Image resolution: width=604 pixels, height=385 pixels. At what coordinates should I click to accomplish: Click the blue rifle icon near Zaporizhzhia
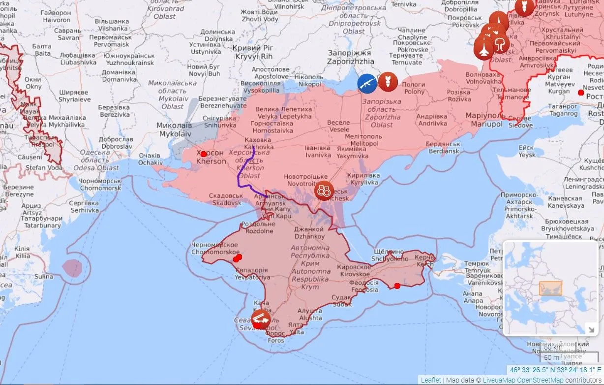tap(367, 84)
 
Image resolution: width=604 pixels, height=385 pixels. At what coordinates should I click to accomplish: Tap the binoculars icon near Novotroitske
tap(324, 191)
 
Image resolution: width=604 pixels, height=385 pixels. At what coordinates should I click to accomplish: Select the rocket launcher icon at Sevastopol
tap(260, 319)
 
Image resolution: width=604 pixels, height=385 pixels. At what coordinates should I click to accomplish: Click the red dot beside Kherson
tap(204, 154)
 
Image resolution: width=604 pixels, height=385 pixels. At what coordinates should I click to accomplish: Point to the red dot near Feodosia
tap(397, 286)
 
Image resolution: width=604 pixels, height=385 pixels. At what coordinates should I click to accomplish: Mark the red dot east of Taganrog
tap(581, 93)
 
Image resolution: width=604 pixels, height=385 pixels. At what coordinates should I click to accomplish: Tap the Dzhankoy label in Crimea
tap(308, 233)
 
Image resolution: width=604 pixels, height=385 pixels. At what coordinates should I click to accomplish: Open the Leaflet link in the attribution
tap(431, 380)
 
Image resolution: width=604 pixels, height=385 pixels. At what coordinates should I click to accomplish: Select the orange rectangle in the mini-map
tap(550, 288)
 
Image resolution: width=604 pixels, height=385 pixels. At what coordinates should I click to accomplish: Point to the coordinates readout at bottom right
tap(555, 370)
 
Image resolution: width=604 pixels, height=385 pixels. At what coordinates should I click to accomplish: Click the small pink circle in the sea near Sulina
tap(72, 268)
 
